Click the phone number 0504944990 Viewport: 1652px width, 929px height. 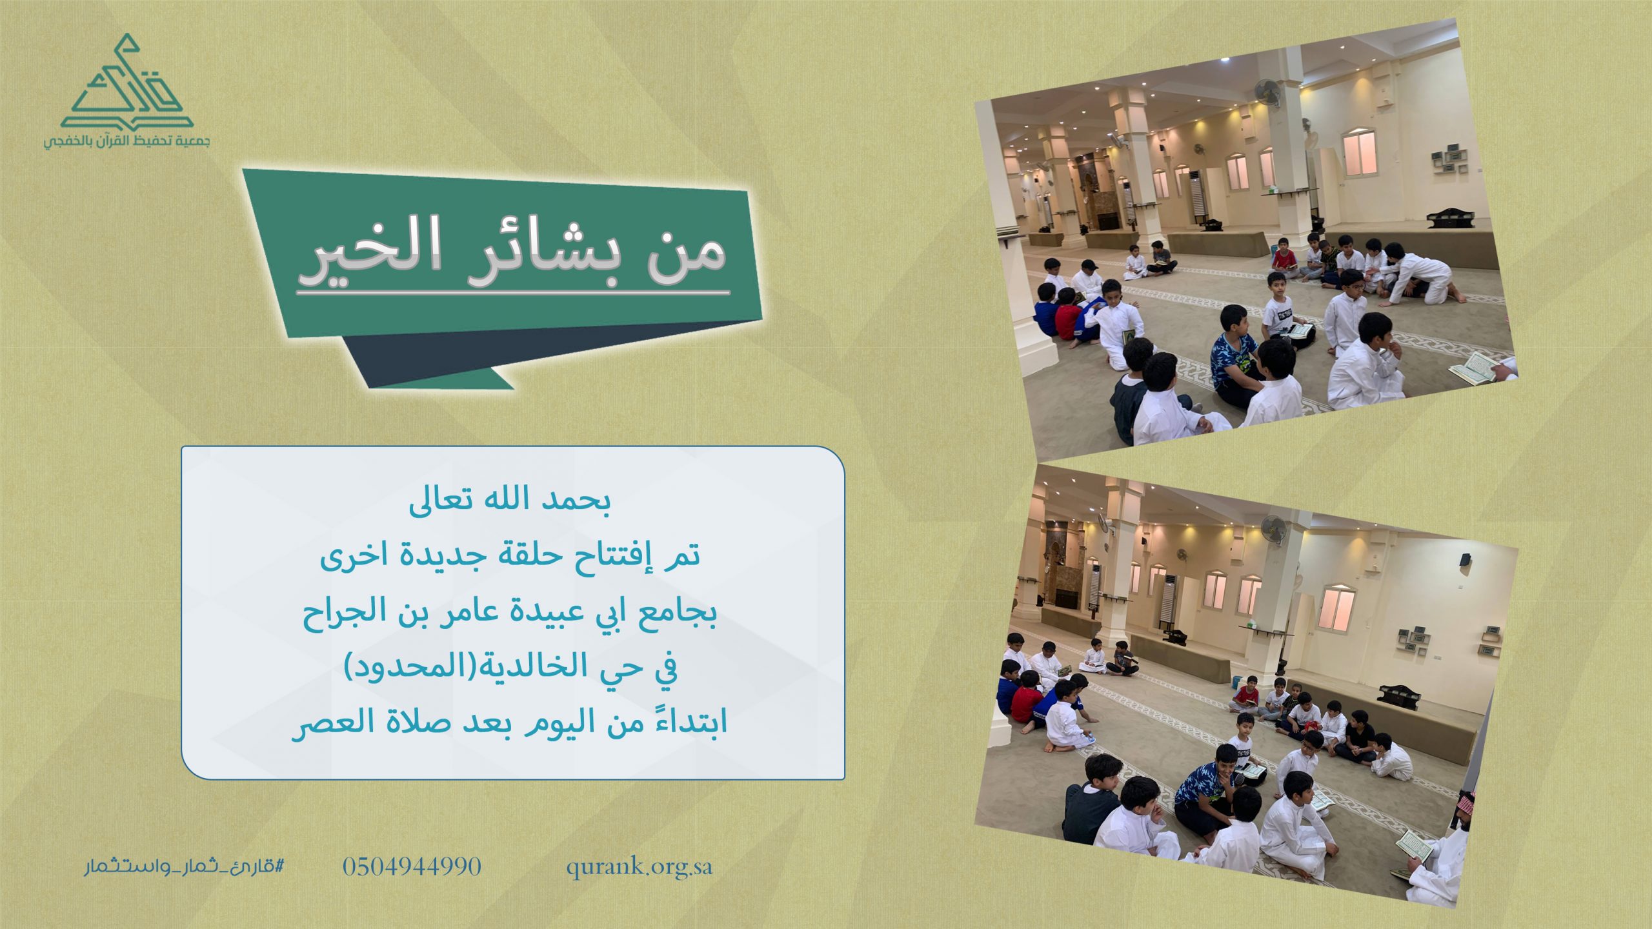pyautogui.click(x=412, y=866)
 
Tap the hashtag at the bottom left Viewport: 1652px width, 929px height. pyautogui.click(x=184, y=866)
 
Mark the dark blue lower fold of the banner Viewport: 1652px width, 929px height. pyautogui.click(x=549, y=352)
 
